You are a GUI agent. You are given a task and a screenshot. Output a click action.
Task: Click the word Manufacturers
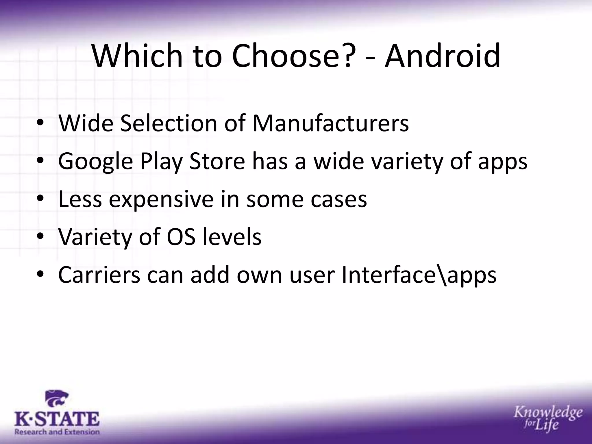pyautogui.click(x=330, y=123)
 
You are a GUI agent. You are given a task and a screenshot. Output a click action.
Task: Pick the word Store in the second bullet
pyautogui.click(x=217, y=161)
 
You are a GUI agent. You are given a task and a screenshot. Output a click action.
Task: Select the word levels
pyautogui.click(x=232, y=237)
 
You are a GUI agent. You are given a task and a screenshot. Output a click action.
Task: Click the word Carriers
pyautogui.click(x=99, y=275)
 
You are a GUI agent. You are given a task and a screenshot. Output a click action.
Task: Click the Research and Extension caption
pyautogui.click(x=57, y=432)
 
